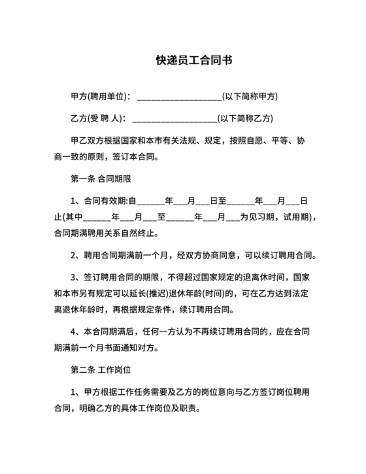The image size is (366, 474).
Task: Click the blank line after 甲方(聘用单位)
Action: [180, 97]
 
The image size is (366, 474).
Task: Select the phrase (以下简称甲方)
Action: [250, 96]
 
